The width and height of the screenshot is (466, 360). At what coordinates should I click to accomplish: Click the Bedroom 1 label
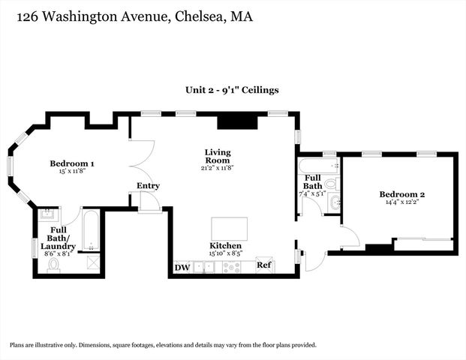[72, 163]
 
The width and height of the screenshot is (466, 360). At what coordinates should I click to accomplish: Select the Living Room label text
[218, 156]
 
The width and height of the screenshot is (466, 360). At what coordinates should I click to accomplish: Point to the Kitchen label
[225, 246]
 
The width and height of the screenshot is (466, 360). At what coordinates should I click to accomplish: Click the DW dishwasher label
[182, 267]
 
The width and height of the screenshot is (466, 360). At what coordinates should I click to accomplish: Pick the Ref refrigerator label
[263, 265]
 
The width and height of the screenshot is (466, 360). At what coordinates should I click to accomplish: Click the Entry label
[148, 186]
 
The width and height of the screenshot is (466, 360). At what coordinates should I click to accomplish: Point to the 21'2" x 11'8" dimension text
[218, 169]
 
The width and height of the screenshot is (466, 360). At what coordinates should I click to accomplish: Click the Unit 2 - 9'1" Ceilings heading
[233, 89]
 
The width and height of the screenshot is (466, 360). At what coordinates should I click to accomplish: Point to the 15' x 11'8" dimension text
[72, 172]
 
